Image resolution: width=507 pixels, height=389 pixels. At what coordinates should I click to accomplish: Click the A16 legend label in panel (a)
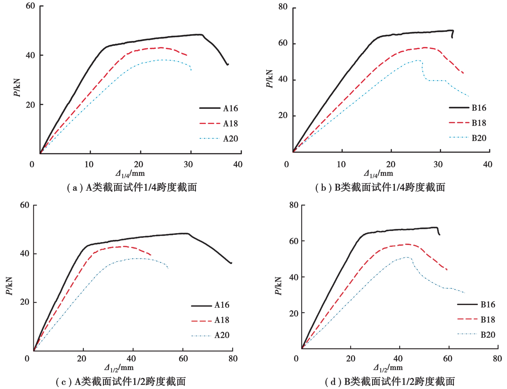(x=230, y=108)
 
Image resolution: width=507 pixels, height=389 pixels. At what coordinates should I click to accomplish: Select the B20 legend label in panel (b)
(x=479, y=138)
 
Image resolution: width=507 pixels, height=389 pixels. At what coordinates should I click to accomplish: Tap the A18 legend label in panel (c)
(x=222, y=320)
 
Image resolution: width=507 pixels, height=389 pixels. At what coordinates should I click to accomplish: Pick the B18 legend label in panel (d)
(x=488, y=319)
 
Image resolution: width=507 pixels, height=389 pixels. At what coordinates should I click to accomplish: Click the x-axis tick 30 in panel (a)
(x=188, y=164)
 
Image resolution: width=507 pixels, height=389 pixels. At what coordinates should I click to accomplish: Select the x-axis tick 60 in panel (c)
(x=183, y=359)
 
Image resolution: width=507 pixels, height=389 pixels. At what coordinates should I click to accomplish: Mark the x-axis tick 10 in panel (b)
(x=341, y=164)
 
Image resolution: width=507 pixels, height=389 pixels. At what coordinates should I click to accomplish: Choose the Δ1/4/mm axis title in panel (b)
(x=378, y=174)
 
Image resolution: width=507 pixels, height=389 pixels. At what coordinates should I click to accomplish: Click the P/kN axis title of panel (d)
(x=279, y=286)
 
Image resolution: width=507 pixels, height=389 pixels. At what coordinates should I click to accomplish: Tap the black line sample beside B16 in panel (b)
(x=459, y=108)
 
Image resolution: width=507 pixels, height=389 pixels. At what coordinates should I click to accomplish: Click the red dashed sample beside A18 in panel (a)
(x=210, y=123)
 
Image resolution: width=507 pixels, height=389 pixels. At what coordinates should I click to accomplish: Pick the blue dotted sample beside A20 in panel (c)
(x=201, y=336)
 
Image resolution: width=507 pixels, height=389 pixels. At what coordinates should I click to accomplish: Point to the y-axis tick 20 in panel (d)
(x=294, y=313)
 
